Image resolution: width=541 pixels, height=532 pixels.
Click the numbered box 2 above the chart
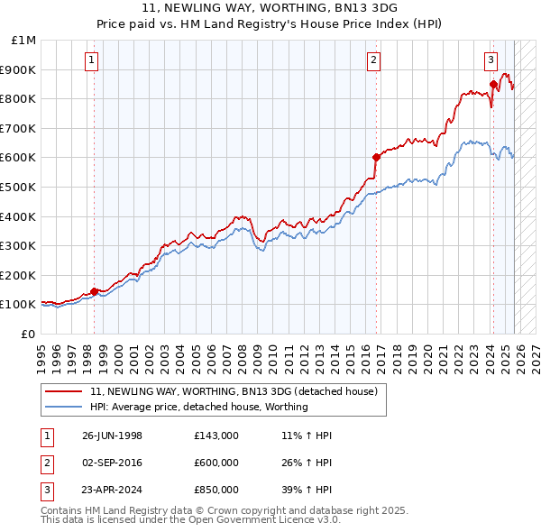[373, 60]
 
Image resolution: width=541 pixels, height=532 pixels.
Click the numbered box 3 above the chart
[491, 60]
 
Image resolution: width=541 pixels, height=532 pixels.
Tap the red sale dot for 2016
[376, 157]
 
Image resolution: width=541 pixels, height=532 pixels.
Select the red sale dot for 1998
[95, 291]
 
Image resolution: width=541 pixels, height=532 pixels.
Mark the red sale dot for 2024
[493, 84]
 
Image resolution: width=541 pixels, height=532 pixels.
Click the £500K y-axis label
[20, 187]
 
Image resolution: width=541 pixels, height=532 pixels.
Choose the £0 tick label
[29, 334]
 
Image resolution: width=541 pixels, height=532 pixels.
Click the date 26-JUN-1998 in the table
[112, 436]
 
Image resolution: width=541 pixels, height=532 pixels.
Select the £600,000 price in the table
[216, 463]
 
